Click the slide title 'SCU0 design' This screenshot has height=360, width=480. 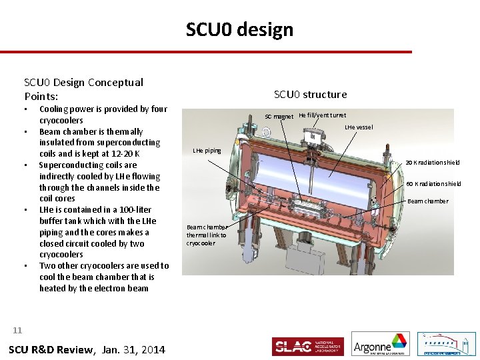[239, 30]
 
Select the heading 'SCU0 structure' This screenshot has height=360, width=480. [310, 95]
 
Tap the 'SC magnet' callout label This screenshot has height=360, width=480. [279, 117]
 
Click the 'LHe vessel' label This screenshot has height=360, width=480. [359, 127]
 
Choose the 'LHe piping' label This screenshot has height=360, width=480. [207, 151]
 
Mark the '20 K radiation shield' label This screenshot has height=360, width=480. [433, 163]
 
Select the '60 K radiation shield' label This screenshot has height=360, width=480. [433, 184]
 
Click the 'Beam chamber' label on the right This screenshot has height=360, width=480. [427, 201]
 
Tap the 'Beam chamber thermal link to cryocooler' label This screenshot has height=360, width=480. [207, 235]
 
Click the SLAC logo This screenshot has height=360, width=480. [307, 347]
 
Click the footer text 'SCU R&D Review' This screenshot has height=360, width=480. [50, 350]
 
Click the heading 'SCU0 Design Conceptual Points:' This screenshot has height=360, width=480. [83, 89]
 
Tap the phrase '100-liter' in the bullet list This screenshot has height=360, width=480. [133, 210]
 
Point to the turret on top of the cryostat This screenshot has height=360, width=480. [310, 136]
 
